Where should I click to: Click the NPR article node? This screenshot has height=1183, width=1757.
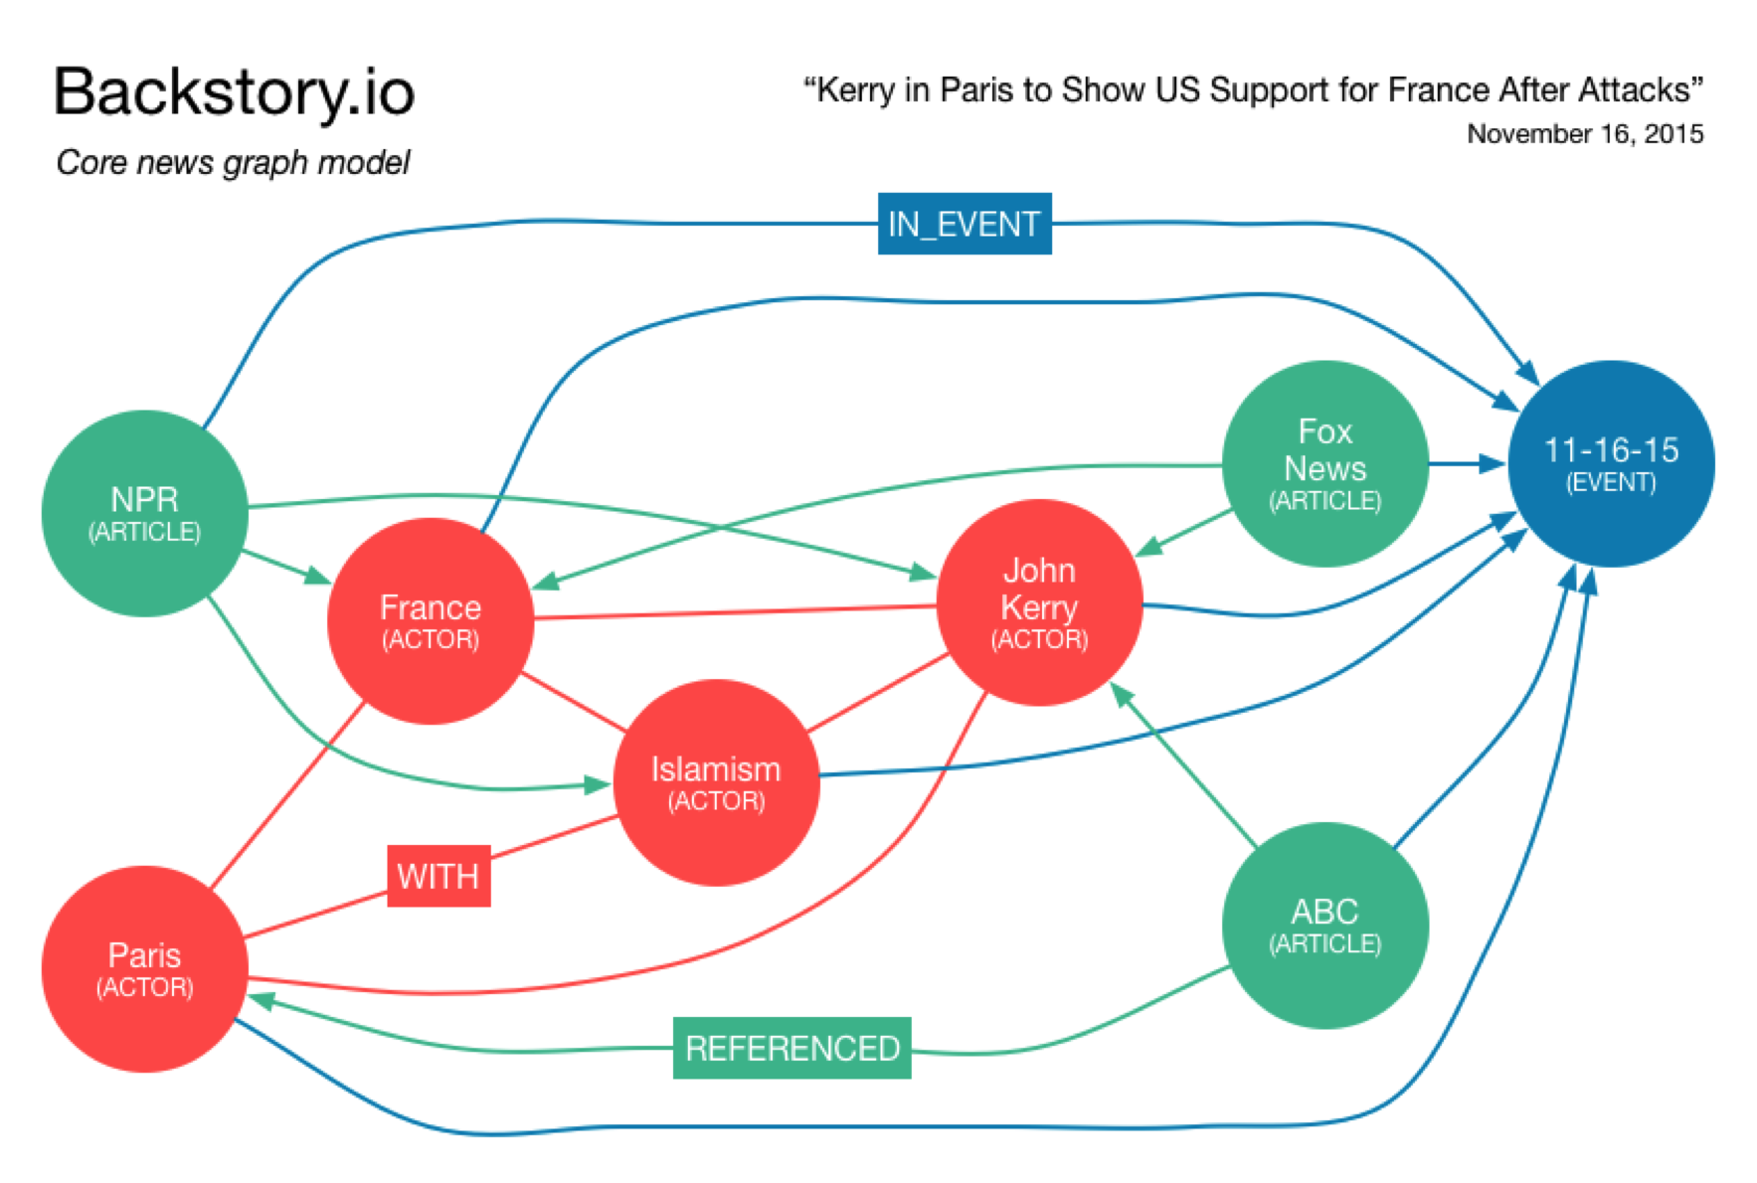click(144, 513)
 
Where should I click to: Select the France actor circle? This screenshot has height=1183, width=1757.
click(430, 620)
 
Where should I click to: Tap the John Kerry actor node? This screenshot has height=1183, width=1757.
click(1039, 602)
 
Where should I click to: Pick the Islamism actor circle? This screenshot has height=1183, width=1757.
click(716, 782)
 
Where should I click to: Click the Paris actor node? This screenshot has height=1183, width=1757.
click(144, 968)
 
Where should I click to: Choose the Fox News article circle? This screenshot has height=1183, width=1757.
click(1324, 463)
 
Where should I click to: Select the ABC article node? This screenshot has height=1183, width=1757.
click(1324, 925)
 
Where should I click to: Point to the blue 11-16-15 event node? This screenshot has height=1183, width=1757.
click(1611, 463)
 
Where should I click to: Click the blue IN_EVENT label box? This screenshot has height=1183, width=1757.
click(964, 224)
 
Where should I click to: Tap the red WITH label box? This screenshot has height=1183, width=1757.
click(439, 876)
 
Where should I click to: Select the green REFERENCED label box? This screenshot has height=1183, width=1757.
click(791, 1048)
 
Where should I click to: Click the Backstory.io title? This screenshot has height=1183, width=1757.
click(234, 91)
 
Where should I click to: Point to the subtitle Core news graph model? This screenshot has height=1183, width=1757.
click(233, 162)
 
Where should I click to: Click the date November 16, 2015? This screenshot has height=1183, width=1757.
click(1585, 134)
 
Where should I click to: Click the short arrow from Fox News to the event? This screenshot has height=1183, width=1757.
click(1467, 463)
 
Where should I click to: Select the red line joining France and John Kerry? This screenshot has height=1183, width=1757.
click(736, 612)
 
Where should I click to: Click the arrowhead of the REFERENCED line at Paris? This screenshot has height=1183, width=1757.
click(262, 1000)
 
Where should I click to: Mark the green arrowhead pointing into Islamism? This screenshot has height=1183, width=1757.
click(597, 784)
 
